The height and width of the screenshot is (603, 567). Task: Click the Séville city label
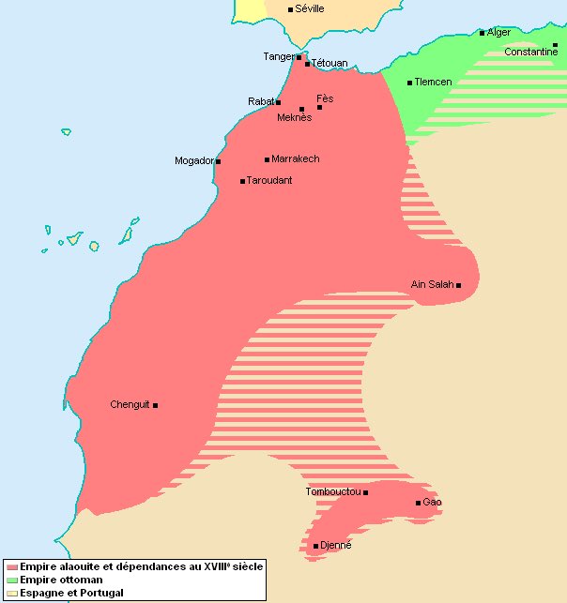pos(310,8)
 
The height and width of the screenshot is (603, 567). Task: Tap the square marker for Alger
pos(483,33)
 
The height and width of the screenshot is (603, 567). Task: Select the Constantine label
pos(530,53)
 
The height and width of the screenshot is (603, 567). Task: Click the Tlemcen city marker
pos(410,83)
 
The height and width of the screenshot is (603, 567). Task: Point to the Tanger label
pos(278,57)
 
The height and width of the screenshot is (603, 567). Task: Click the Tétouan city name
pos(329,63)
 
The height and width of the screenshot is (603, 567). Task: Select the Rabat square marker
pos(279,101)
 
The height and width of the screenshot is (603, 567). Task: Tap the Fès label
pos(325,98)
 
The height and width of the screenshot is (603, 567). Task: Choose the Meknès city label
pos(294,118)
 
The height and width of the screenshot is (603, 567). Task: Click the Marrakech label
pos(295,159)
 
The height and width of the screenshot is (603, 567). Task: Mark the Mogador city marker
pos(218,161)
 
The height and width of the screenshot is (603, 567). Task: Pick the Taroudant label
pos(270,181)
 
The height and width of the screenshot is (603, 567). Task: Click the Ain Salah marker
pos(459,285)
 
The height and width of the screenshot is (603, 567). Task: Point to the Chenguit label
pos(130,405)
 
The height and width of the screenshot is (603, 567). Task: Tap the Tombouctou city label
pos(333,492)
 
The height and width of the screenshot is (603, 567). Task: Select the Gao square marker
pos(419,503)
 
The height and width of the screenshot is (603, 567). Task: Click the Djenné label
pos(335,546)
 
